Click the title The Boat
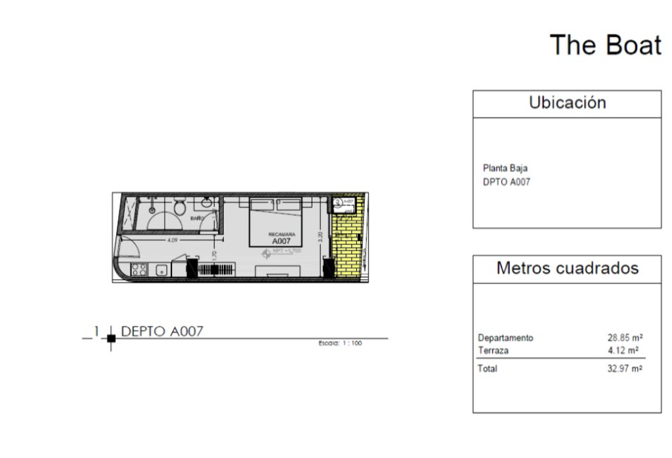(x=605, y=45)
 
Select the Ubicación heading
(x=567, y=103)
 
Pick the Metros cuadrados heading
(x=567, y=268)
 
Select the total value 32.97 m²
(x=625, y=369)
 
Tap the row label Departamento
(x=505, y=338)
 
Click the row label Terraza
(x=493, y=349)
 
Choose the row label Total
(x=487, y=369)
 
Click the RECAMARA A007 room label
(x=280, y=237)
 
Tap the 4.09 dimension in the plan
(x=173, y=240)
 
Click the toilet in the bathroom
(x=178, y=207)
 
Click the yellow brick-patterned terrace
(x=346, y=246)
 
